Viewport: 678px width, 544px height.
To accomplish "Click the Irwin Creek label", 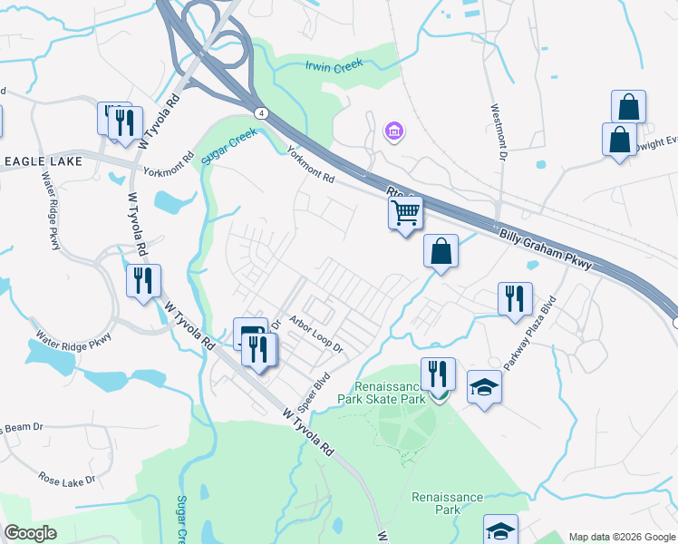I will pos(334,64).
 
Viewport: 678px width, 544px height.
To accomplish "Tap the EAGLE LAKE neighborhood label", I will pos(43,161).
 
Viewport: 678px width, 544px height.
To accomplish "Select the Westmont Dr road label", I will pos(498,131).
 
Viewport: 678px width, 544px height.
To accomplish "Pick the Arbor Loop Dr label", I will pos(316,334).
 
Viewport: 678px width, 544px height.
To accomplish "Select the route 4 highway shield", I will pos(260,113).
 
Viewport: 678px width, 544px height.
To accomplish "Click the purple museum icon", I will pos(394,133).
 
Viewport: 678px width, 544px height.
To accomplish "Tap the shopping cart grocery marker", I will pos(405,214).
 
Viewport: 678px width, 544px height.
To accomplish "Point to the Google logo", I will pos(31,533).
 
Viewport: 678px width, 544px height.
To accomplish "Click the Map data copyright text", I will pos(621,536).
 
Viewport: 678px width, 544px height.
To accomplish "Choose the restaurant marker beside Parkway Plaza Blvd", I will pos(515,298).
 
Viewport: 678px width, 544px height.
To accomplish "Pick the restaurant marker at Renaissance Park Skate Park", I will pos(438,374).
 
